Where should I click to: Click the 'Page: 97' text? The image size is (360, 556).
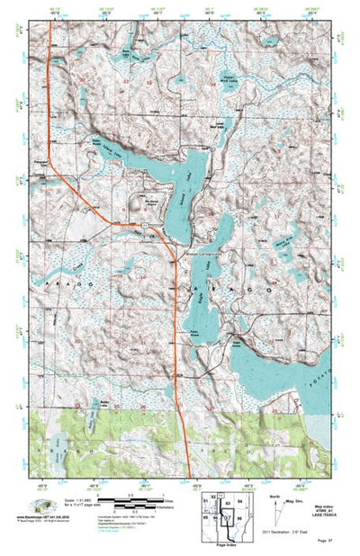(327, 543)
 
